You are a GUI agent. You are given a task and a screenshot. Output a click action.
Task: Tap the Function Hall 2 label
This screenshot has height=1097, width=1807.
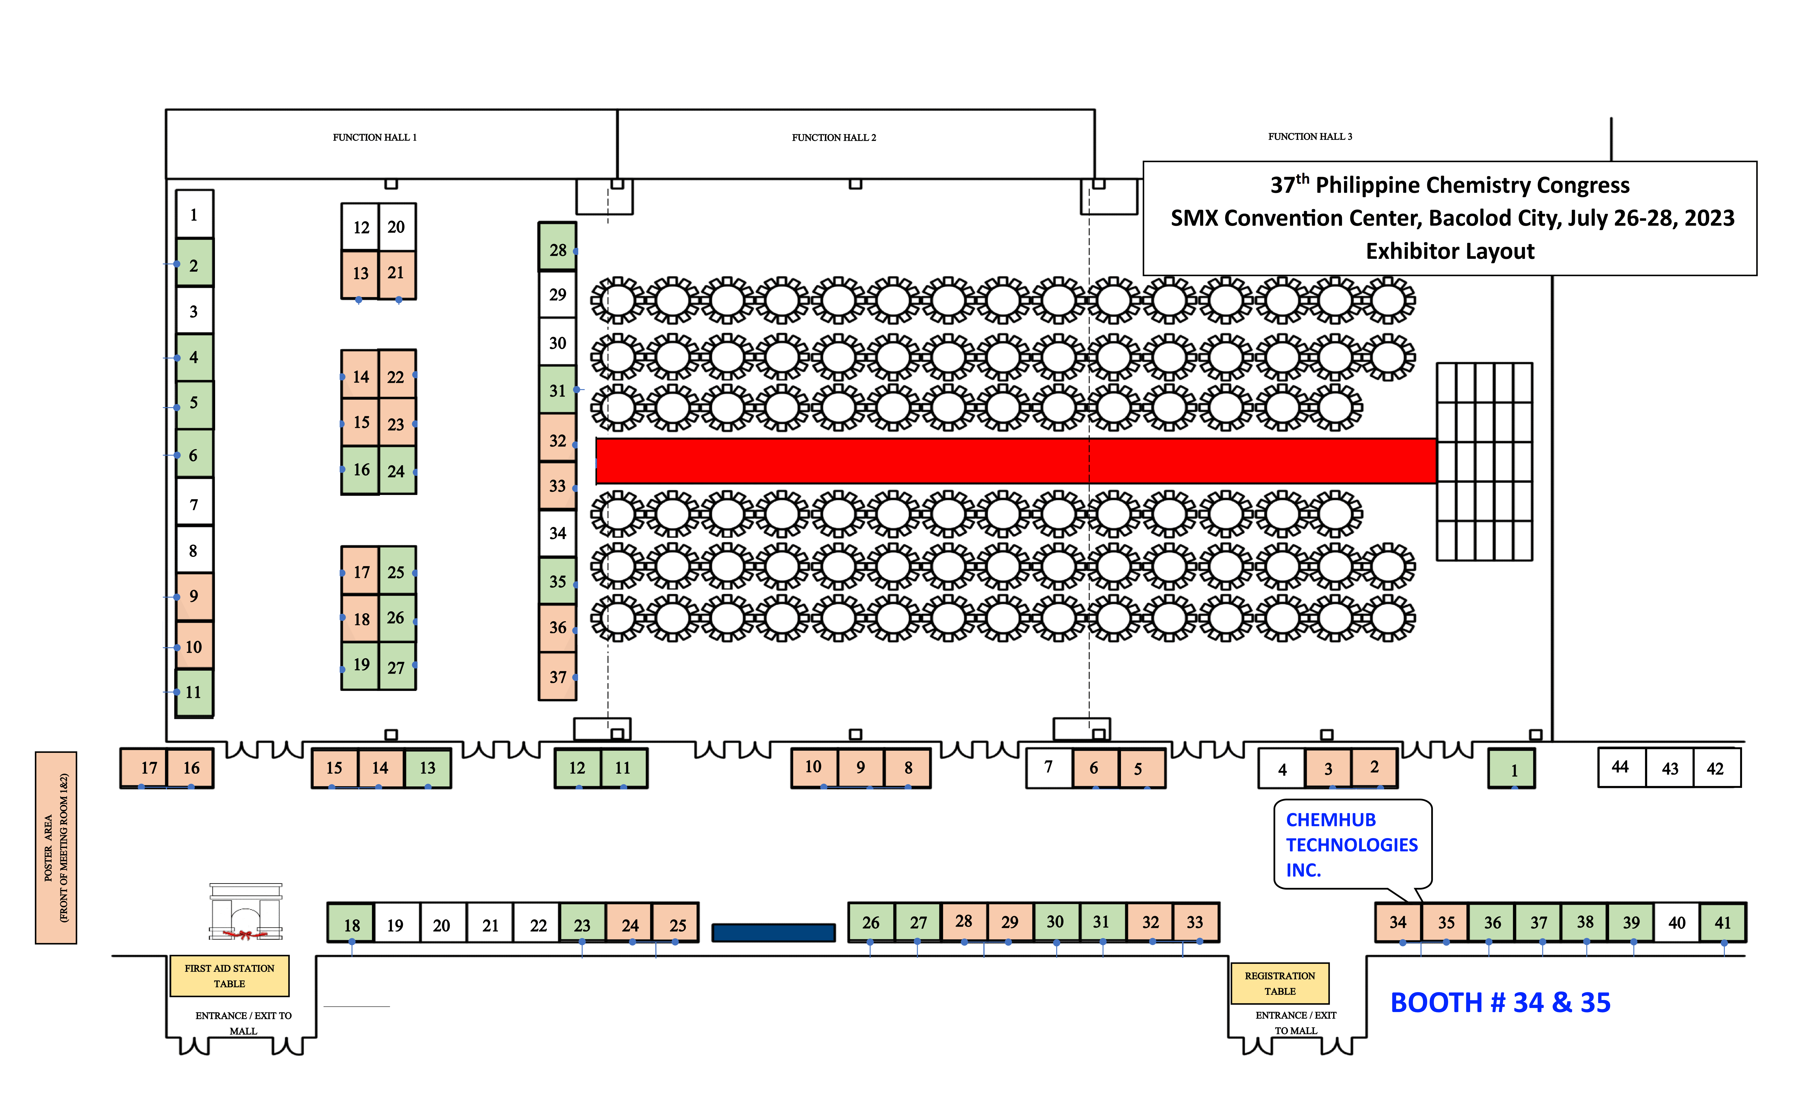834,137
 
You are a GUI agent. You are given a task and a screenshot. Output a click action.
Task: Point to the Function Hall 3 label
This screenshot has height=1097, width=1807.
1310,136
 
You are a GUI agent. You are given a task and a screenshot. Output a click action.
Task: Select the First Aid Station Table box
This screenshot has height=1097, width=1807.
230,976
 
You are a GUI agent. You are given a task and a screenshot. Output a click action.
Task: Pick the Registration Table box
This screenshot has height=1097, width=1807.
1280,983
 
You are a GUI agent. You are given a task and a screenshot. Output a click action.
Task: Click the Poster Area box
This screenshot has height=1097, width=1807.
56,848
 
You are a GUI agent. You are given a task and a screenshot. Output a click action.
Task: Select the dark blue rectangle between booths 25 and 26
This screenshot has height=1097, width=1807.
774,933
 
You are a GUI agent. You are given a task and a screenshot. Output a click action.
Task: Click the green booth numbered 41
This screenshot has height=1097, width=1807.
1723,923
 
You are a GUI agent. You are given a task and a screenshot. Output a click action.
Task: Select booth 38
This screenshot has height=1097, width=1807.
1585,923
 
